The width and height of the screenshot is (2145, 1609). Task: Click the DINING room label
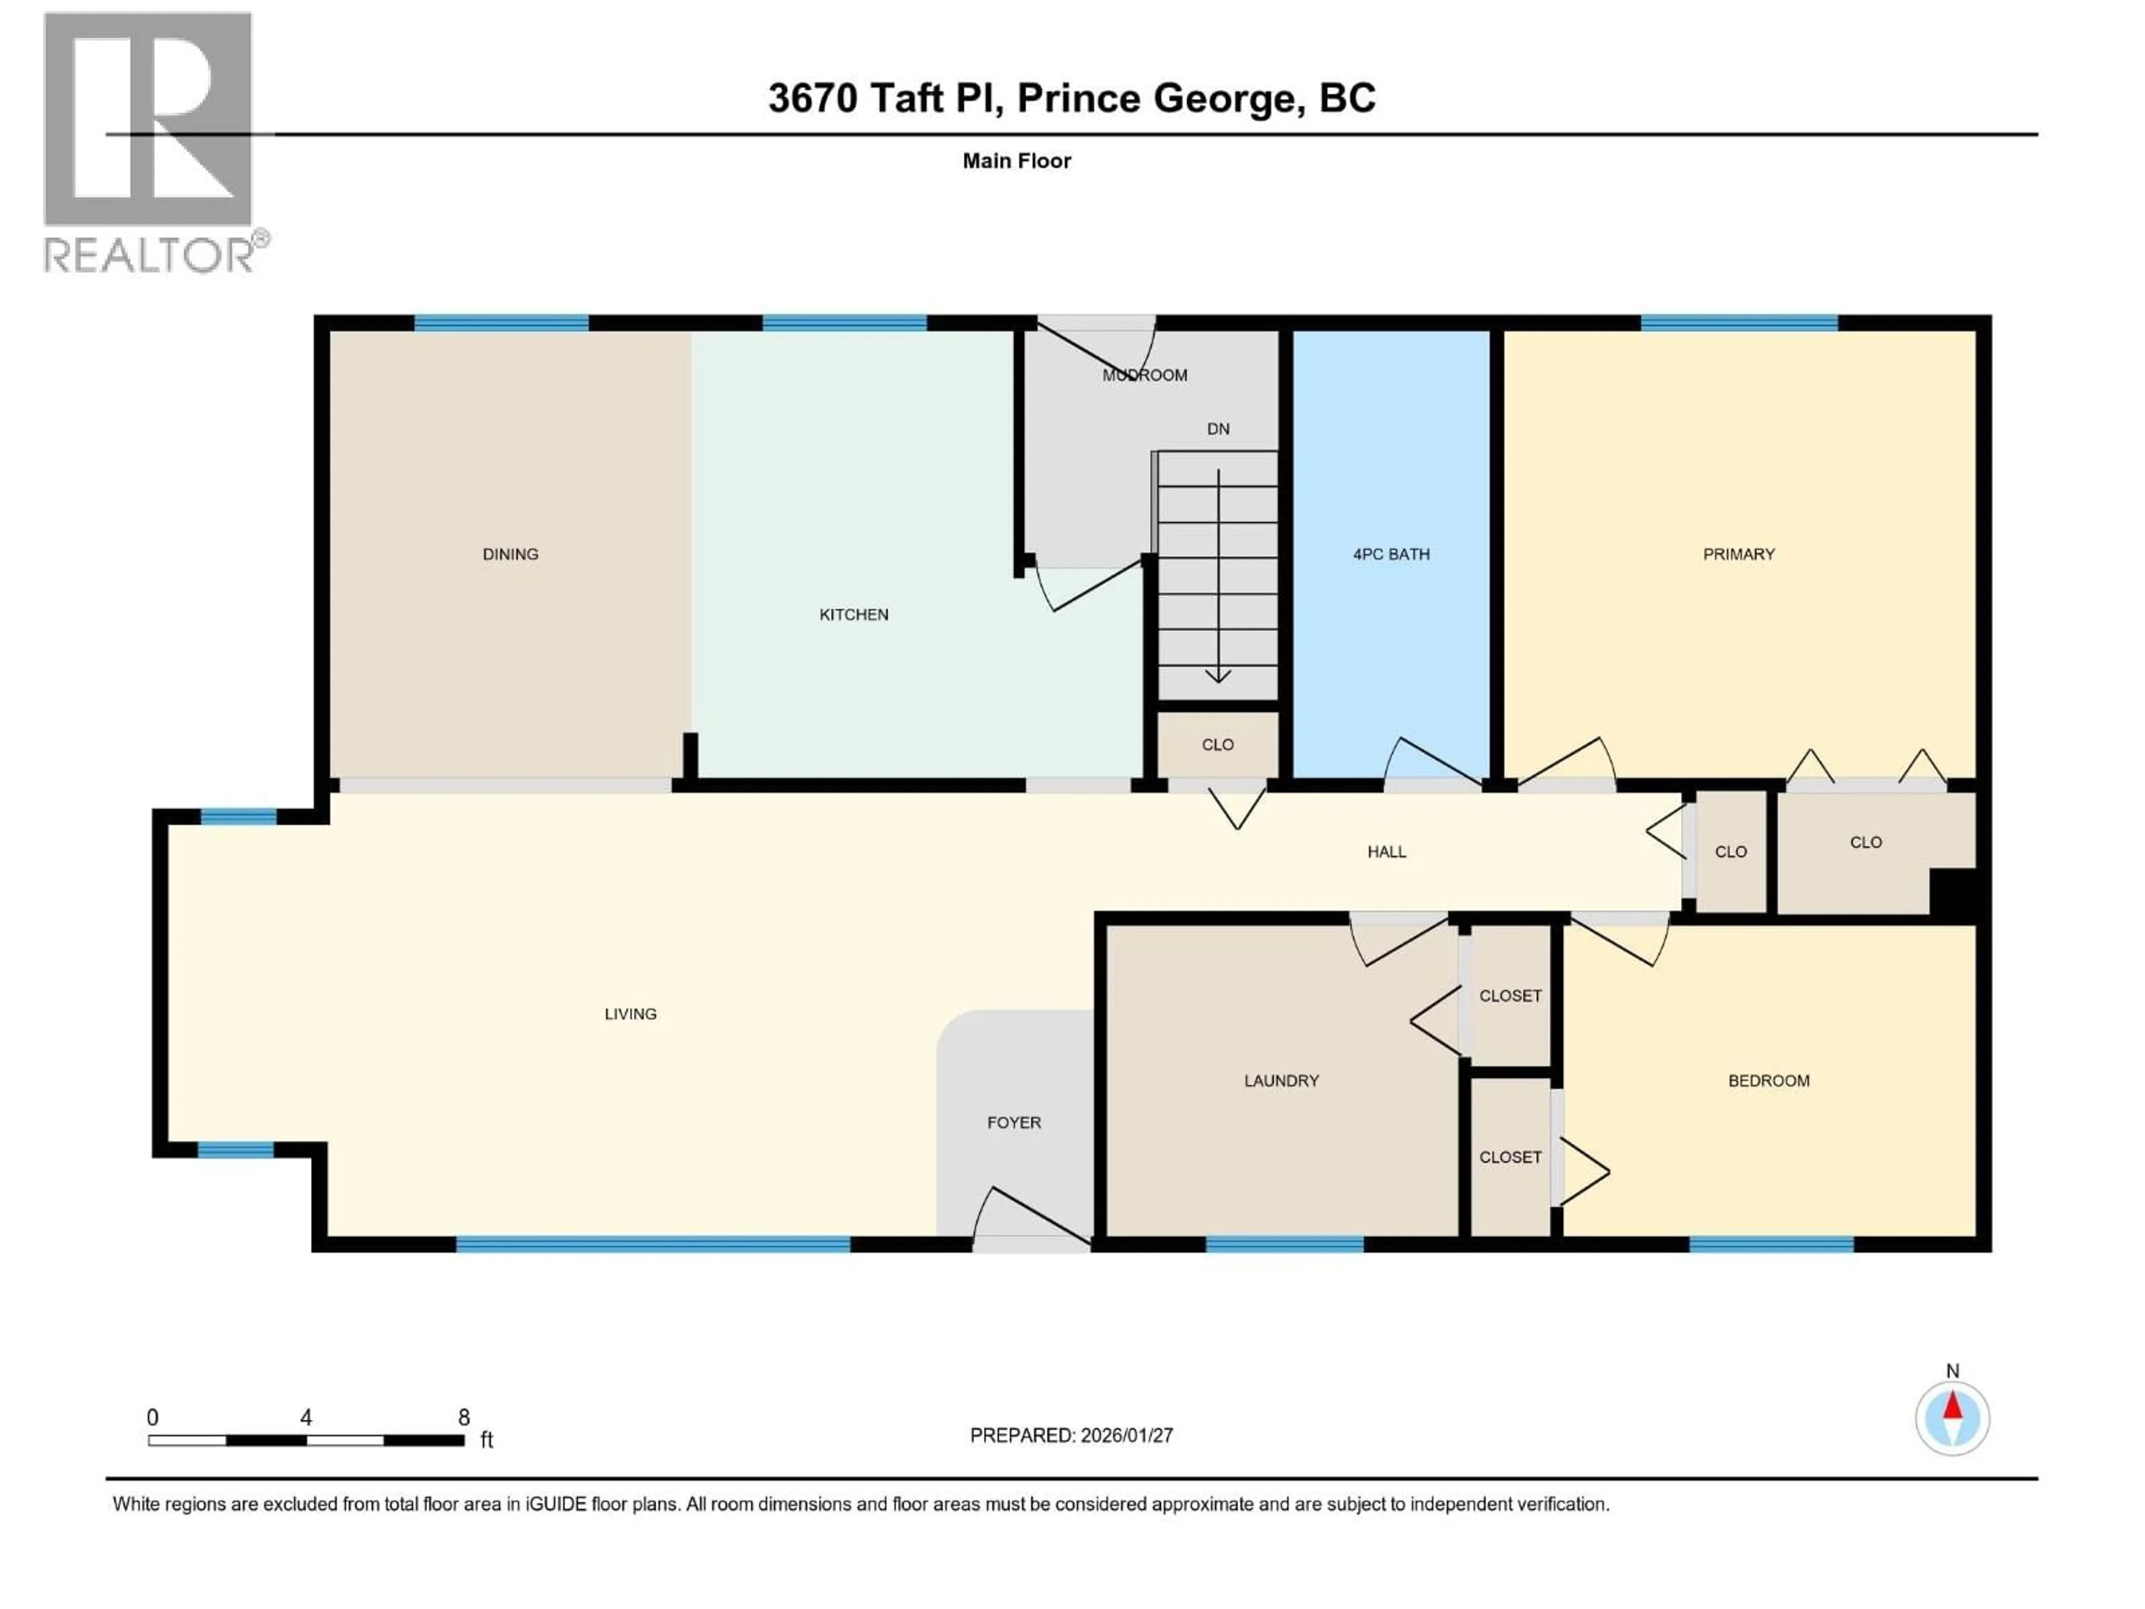coord(510,554)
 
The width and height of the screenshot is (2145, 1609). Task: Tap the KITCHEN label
coord(854,614)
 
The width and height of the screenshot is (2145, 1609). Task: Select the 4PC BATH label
coord(1390,554)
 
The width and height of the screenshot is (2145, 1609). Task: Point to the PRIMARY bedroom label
coord(1738,554)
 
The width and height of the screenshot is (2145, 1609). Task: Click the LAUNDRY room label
coord(1281,1080)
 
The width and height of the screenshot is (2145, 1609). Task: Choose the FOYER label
coord(1013,1122)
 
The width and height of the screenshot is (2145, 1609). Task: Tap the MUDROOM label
coord(1144,375)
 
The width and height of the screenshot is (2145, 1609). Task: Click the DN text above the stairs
coord(1218,429)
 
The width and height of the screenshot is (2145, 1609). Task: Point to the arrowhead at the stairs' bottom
coord(1218,676)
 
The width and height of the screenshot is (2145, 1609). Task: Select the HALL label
coord(1386,851)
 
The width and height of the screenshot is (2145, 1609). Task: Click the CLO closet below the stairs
coord(1217,745)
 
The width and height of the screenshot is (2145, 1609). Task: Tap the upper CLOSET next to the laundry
coord(1510,996)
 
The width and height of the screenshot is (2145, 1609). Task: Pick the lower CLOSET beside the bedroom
coord(1510,1157)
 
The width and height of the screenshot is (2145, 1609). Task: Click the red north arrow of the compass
coord(1952,1406)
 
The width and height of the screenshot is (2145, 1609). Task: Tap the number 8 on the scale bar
coord(464,1417)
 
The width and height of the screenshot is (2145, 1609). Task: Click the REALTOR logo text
coord(150,256)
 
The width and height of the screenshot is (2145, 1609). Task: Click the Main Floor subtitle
coord(1016,161)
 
